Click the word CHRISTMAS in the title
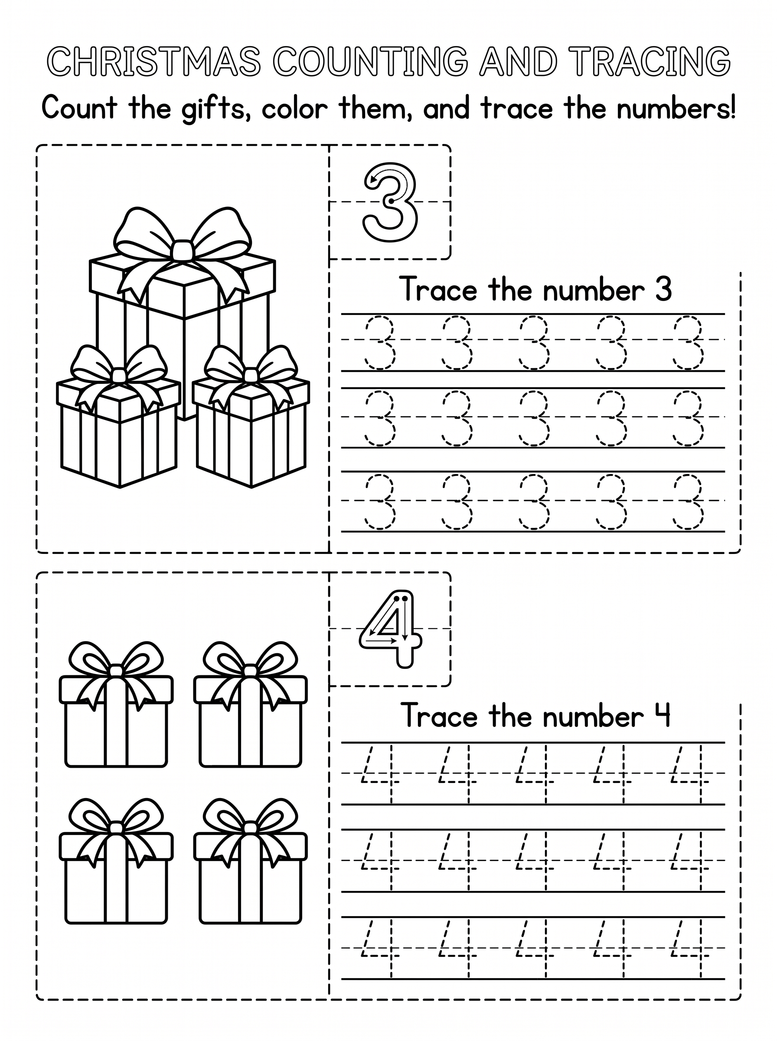154,61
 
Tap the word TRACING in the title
653,61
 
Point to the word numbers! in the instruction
676,108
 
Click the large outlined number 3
390,202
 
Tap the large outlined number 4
390,629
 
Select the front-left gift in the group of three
118,416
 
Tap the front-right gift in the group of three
251,416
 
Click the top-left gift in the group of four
116,704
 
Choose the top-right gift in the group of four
250,704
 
